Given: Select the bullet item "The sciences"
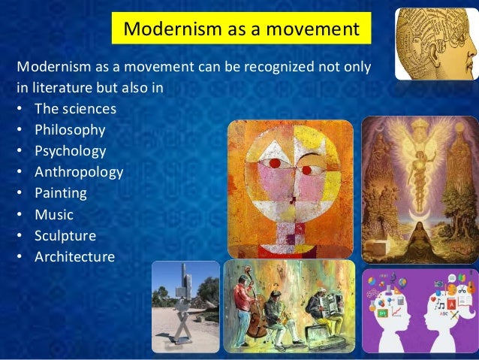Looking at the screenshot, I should point(75,109).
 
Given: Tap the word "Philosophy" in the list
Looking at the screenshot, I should point(70,130).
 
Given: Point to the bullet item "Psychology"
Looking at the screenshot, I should point(71,151).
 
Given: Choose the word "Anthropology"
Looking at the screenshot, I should point(79,172).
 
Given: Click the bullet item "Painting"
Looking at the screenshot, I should point(61,193).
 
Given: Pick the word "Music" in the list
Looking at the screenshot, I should point(54,214).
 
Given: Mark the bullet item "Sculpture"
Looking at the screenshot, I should point(65,235).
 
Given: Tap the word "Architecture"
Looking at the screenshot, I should point(74,257).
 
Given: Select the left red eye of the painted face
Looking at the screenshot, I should point(276,163).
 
